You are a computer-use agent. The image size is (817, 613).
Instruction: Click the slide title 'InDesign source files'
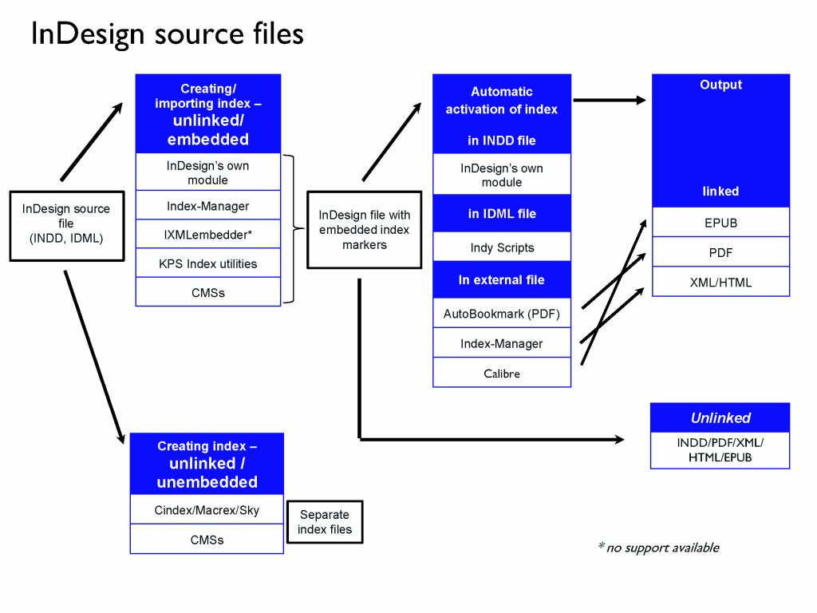click(x=167, y=34)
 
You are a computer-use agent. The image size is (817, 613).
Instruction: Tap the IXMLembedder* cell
click(x=207, y=235)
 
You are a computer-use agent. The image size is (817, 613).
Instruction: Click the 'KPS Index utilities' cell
click(x=207, y=263)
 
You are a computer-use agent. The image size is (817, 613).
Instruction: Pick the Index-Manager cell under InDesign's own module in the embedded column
click(x=207, y=206)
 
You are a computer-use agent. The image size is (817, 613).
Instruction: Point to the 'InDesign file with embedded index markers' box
click(x=364, y=230)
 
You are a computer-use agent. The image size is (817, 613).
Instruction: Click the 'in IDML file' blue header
click(x=502, y=214)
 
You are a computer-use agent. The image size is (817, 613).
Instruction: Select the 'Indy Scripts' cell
click(x=502, y=247)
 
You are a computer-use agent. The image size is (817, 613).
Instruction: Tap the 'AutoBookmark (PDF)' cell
click(x=502, y=314)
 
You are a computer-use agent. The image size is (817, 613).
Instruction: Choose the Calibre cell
click(x=502, y=373)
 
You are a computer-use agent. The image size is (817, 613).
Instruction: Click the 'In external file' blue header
click(x=502, y=280)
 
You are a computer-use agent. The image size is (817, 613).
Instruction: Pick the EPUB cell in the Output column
click(x=720, y=223)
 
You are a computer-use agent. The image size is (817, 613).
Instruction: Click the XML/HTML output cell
click(x=720, y=282)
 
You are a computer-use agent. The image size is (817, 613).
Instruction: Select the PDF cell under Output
click(x=720, y=252)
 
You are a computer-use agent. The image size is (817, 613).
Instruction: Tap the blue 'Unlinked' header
click(x=720, y=417)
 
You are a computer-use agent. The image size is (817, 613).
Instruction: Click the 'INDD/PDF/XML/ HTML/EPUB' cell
click(x=720, y=450)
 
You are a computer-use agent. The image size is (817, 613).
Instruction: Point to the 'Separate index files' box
click(x=325, y=521)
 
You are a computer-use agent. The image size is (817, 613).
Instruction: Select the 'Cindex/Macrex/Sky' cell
click(x=207, y=509)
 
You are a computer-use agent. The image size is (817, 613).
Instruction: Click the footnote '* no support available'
click(x=658, y=548)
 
